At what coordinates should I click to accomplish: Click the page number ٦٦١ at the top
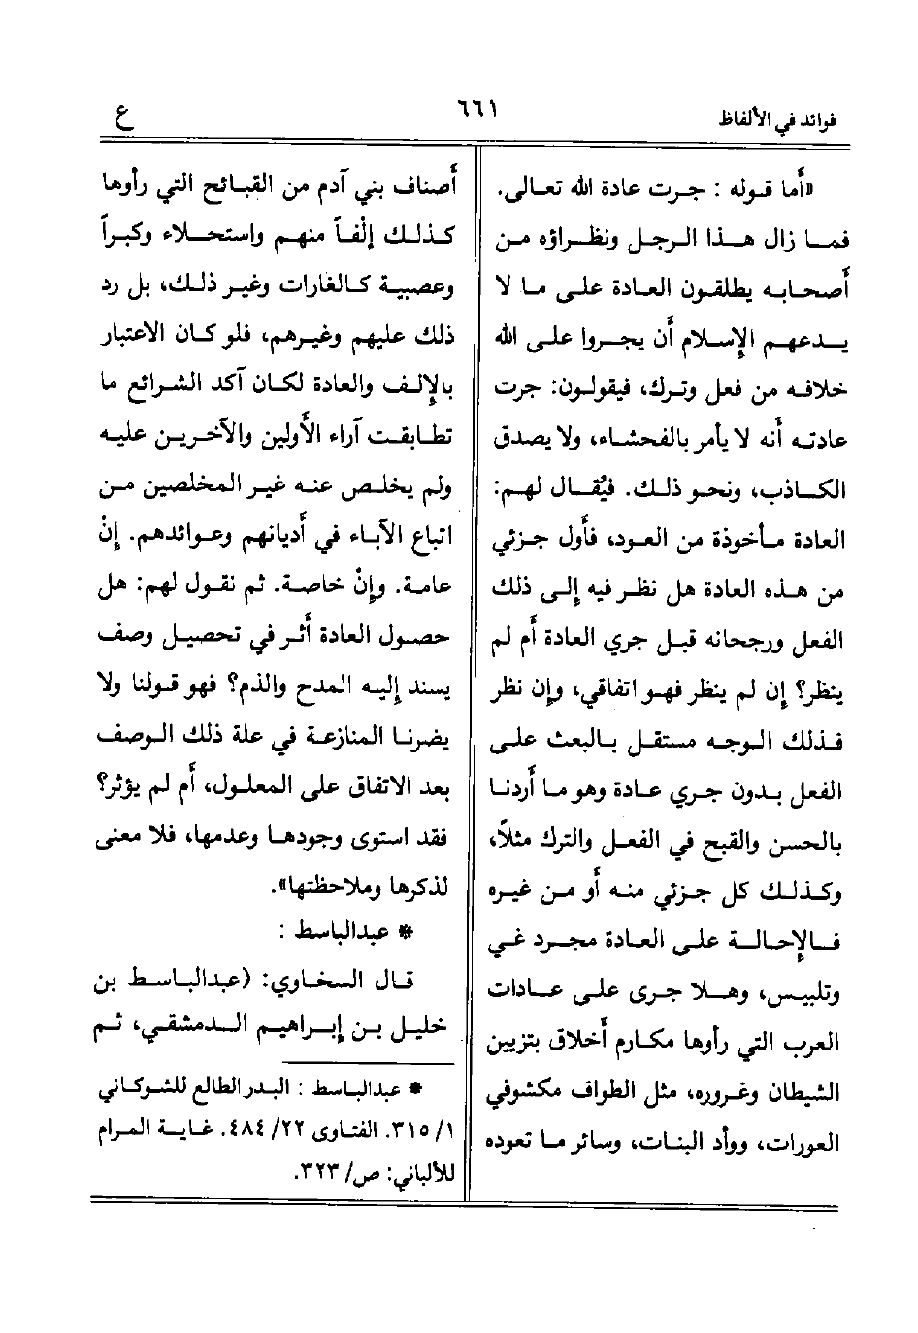[475, 104]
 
